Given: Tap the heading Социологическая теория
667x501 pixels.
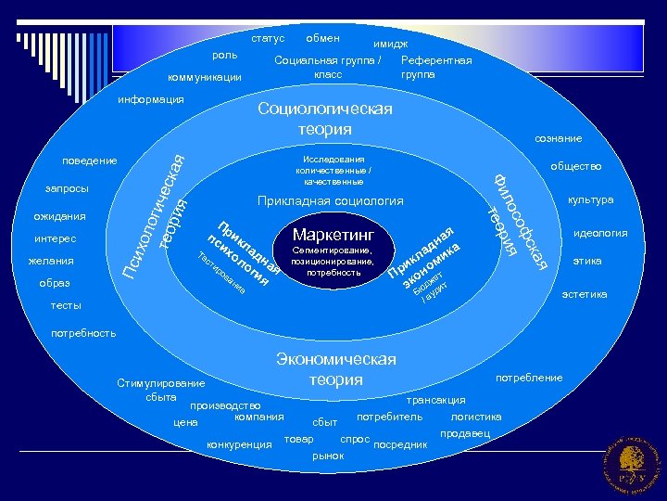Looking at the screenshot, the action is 324,119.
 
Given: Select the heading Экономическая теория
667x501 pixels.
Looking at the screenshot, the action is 336,369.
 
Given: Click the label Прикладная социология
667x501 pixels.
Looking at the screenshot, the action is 330,200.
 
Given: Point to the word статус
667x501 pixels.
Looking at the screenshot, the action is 268,39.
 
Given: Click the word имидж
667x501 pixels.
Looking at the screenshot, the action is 390,44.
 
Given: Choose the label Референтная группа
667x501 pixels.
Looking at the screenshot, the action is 436,67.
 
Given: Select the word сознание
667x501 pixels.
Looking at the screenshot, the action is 558,138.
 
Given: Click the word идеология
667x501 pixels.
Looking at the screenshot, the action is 600,234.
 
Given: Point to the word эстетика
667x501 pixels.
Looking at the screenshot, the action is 585,294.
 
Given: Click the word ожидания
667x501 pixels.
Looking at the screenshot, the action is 60,216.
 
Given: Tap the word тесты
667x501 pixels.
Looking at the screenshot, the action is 65,305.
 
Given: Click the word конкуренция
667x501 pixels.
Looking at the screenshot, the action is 240,444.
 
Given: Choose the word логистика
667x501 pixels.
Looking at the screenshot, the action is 476,417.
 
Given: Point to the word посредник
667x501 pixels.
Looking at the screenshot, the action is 400,444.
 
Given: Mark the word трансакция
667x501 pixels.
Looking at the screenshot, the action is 436,400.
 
